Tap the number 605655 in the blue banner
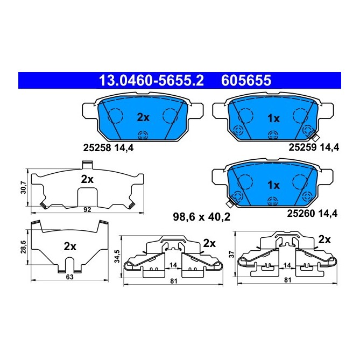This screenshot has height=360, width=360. [246, 81]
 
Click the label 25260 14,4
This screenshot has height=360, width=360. [314, 213]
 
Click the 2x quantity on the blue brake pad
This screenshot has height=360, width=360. [143, 117]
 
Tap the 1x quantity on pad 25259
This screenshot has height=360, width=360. [273, 118]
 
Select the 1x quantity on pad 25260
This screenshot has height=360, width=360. [273, 185]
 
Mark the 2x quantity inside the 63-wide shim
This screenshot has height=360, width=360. [70, 247]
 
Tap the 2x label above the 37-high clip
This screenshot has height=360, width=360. [324, 238]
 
